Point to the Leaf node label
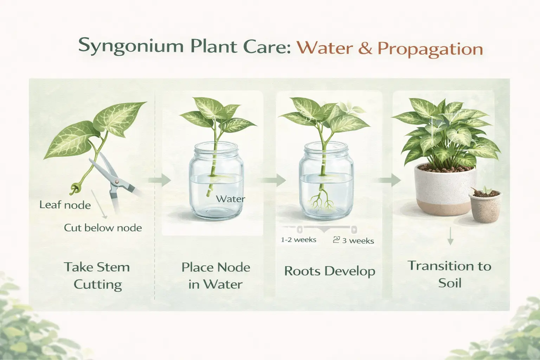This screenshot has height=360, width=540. [x=65, y=205]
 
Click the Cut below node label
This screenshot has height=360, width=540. [x=103, y=228]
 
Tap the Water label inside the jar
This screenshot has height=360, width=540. [x=230, y=199]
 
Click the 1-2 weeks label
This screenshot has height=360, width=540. [x=298, y=240]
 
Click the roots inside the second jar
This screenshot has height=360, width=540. [x=321, y=201]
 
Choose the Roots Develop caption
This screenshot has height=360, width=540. [x=329, y=271]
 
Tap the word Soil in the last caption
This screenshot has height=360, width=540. [x=450, y=283]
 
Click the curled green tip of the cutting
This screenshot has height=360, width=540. [x=75, y=188]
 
